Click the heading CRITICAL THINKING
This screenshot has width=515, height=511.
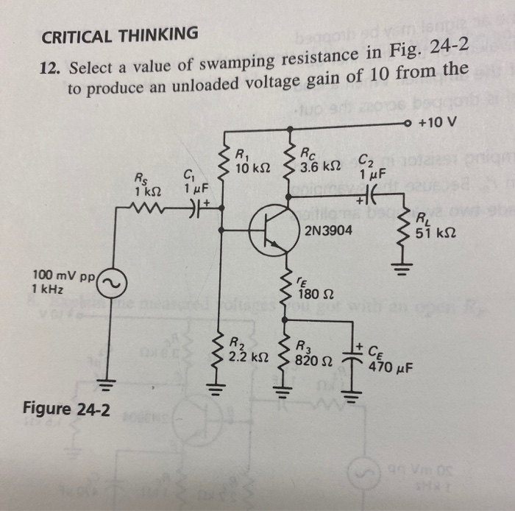coord(119,34)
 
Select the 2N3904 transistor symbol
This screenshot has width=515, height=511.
coord(269,230)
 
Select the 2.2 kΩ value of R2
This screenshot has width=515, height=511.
coord(246,356)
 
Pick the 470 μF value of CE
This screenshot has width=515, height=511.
coord(391,365)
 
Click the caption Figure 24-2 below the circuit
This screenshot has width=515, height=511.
coord(68,409)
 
